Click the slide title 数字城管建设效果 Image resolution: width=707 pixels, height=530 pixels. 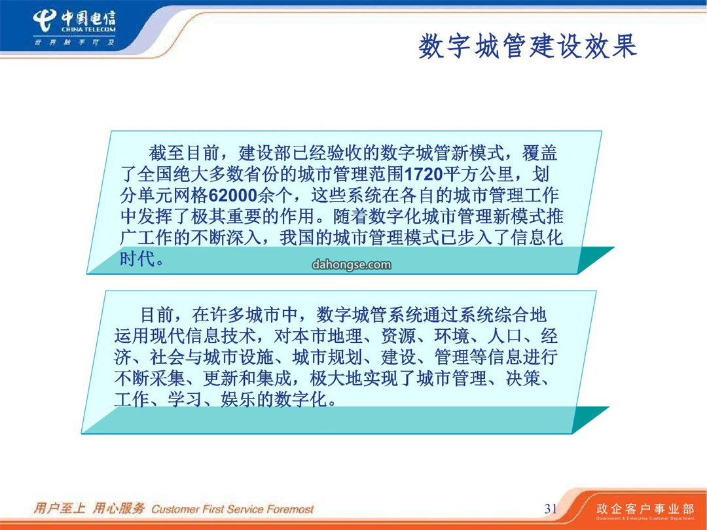click(528, 46)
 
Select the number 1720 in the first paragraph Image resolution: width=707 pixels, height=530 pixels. click(424, 175)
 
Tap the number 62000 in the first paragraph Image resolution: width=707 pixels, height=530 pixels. click(233, 196)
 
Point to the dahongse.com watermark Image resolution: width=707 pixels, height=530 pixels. click(352, 264)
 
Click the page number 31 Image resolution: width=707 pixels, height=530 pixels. click(551, 508)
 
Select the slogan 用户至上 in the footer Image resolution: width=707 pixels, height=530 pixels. click(60, 508)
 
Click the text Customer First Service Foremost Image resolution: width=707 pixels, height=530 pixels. click(232, 509)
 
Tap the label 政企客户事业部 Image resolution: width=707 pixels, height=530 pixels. click(645, 509)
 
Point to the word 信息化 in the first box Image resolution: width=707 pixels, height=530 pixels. click(537, 238)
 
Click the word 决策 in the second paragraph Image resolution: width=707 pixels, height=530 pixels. click(523, 378)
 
